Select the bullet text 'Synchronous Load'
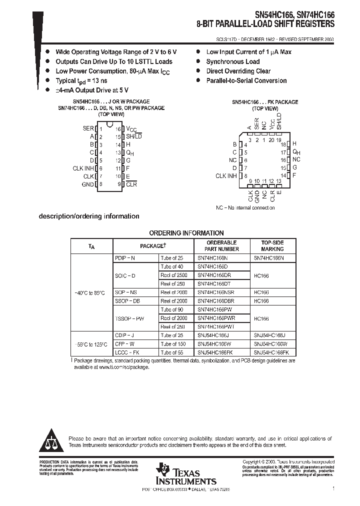[233, 61]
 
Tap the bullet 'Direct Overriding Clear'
[238, 71]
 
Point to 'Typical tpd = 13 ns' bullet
[81, 80]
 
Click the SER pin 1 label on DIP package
[88, 128]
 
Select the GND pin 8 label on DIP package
[87, 184]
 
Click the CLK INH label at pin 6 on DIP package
[83, 168]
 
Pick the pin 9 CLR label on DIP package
[131, 184]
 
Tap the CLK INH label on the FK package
[226, 175]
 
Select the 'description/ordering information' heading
[89, 216]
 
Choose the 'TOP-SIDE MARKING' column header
[272, 245]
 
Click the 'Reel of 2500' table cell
[174, 275]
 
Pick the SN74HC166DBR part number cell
[215, 301]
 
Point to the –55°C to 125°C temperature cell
[91, 344]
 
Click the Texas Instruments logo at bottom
[185, 473]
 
